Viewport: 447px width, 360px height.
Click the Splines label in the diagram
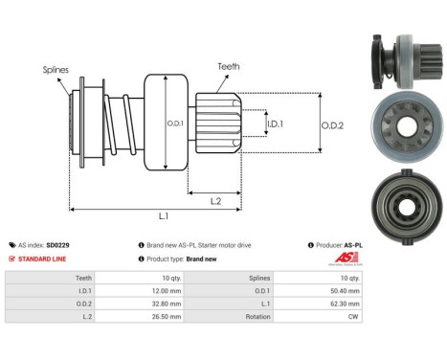click(x=56, y=70)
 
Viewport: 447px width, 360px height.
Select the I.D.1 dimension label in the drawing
click(x=274, y=124)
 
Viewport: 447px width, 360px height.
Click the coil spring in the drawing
click(x=116, y=123)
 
